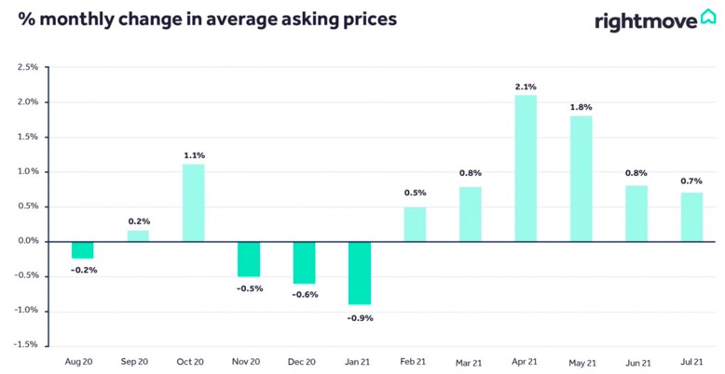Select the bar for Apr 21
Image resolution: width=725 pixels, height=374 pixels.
[526, 168]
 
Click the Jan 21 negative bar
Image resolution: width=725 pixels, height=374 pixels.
[360, 273]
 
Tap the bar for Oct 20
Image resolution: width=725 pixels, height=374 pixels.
[193, 203]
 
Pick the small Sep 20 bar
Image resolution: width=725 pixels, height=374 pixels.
[138, 236]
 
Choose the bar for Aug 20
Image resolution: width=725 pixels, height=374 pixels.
[82, 249]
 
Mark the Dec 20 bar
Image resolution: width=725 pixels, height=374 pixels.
[304, 262]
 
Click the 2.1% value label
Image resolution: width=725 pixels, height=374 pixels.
[526, 87]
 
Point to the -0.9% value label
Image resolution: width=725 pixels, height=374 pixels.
[360, 318]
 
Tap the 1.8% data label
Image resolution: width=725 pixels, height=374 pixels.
[581, 107]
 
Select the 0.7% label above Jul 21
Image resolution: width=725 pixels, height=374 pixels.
[691, 181]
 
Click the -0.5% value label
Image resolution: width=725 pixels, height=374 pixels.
[249, 288]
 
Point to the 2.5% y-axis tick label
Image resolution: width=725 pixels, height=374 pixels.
[29, 67]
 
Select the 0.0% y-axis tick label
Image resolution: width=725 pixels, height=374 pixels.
[29, 242]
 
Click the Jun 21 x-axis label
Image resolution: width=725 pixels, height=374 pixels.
[636, 363]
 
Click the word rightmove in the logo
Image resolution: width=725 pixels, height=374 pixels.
[646, 21]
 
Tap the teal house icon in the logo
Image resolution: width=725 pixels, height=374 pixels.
[708, 17]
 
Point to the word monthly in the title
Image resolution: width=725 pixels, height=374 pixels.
[77, 20]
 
